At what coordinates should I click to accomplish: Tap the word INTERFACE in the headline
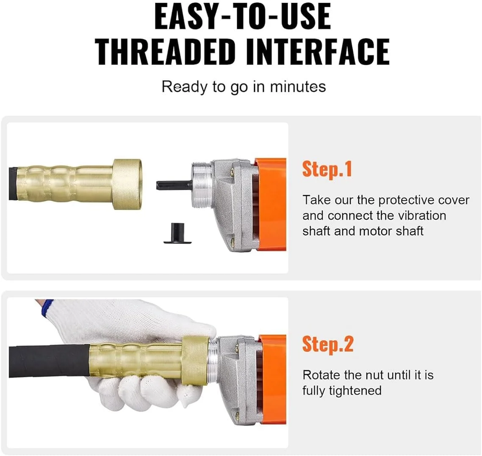click(318, 52)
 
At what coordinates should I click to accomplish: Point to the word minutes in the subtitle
click(298, 87)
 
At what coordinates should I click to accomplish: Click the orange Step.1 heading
click(327, 169)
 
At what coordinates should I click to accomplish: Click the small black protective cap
click(177, 232)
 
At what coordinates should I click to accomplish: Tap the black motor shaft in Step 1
click(175, 185)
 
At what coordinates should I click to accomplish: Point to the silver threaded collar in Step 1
click(201, 185)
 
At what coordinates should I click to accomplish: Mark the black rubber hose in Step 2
click(49, 361)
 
